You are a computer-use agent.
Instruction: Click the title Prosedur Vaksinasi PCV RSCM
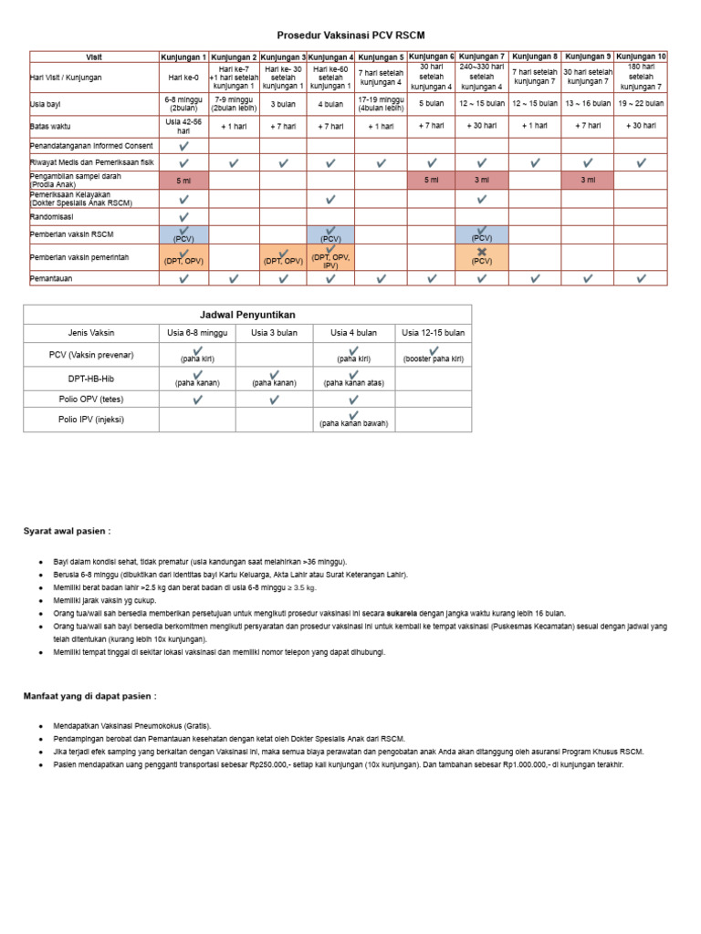[x=351, y=35]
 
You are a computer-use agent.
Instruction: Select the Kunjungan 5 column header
[x=381, y=57]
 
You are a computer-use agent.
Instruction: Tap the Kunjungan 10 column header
[x=641, y=57]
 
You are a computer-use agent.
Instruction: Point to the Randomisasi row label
[x=52, y=217]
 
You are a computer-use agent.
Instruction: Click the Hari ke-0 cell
[x=184, y=78]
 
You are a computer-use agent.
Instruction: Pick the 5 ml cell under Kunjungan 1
[x=184, y=181]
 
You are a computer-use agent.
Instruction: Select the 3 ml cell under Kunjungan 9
[x=588, y=181]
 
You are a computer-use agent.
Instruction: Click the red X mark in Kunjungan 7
[x=482, y=253]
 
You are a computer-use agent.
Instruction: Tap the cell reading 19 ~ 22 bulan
[x=641, y=104]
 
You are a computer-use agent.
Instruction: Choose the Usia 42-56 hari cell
[x=184, y=125]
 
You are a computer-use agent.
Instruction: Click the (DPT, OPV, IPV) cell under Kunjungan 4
[x=330, y=258]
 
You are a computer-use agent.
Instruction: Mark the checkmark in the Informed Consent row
[x=184, y=146]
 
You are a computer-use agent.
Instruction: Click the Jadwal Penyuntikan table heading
[x=247, y=314]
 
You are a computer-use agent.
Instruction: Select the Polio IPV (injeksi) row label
[x=91, y=420]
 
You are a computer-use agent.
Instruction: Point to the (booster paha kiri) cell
[x=434, y=355]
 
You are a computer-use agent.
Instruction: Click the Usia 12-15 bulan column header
[x=434, y=333]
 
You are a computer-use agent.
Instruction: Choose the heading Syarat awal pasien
[x=67, y=531]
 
